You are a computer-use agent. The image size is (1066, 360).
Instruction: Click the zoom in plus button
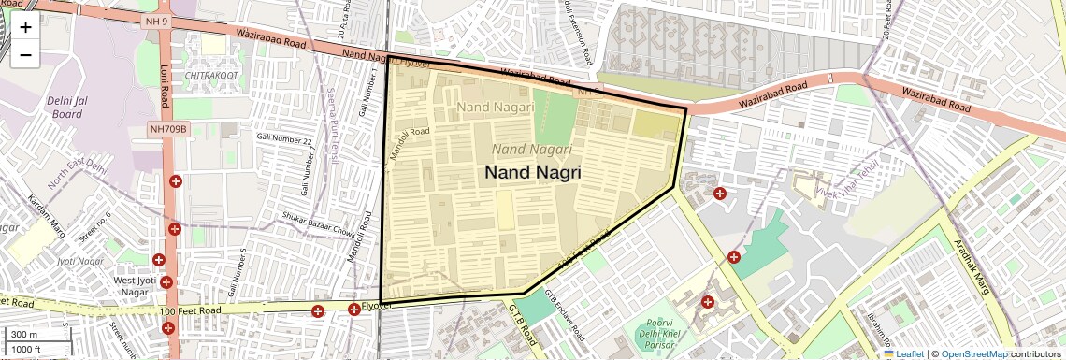pos(25,26)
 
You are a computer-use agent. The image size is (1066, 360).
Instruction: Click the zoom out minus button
pos(25,54)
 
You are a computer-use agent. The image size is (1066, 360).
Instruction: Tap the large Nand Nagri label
pos(533,172)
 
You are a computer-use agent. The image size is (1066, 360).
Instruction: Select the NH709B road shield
pos(168,129)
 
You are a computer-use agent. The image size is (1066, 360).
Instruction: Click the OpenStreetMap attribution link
pos(974,353)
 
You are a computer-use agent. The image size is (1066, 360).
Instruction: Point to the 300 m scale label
pos(24,335)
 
